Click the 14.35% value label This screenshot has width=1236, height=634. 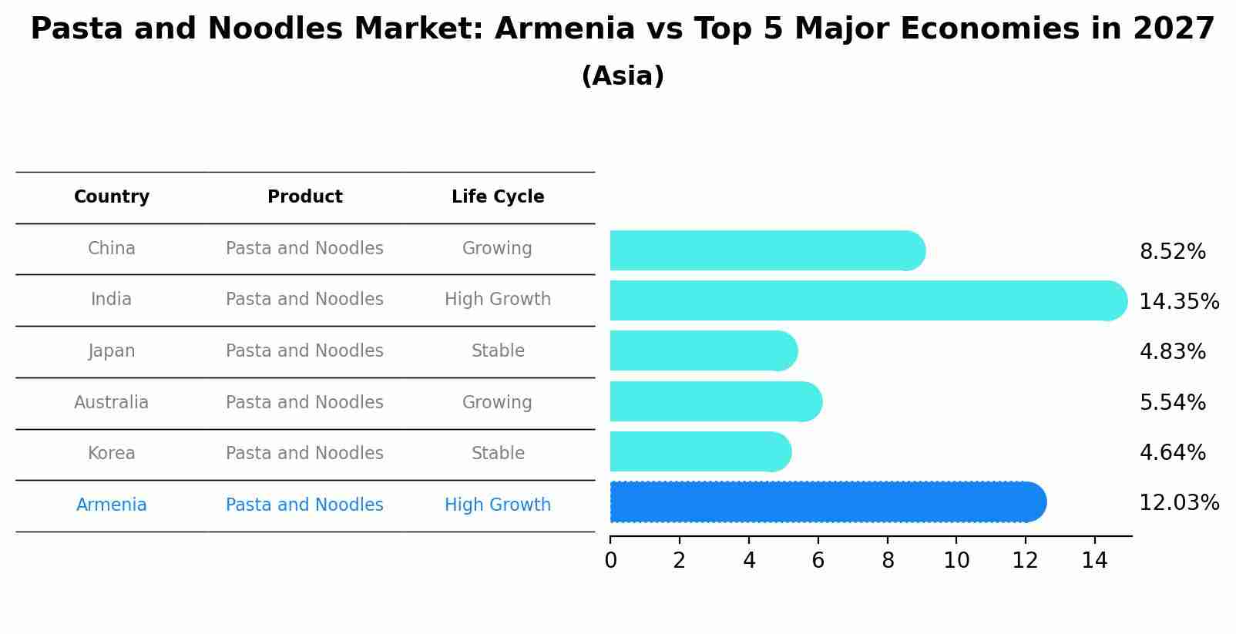1178,301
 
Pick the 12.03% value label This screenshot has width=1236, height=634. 1178,503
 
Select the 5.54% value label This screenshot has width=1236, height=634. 1172,402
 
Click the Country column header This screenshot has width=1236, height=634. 112,197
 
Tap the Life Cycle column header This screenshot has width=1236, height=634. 498,197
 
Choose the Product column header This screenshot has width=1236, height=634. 305,197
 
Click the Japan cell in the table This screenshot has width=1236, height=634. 112,351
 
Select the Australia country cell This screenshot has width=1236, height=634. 112,402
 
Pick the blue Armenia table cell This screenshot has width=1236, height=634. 112,505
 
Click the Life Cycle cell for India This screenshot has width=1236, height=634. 498,300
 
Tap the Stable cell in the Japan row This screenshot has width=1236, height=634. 498,351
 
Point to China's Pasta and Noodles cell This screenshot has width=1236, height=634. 304,249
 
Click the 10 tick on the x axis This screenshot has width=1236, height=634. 956,561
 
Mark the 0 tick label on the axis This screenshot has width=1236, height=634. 611,561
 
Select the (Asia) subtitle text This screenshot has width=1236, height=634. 623,76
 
